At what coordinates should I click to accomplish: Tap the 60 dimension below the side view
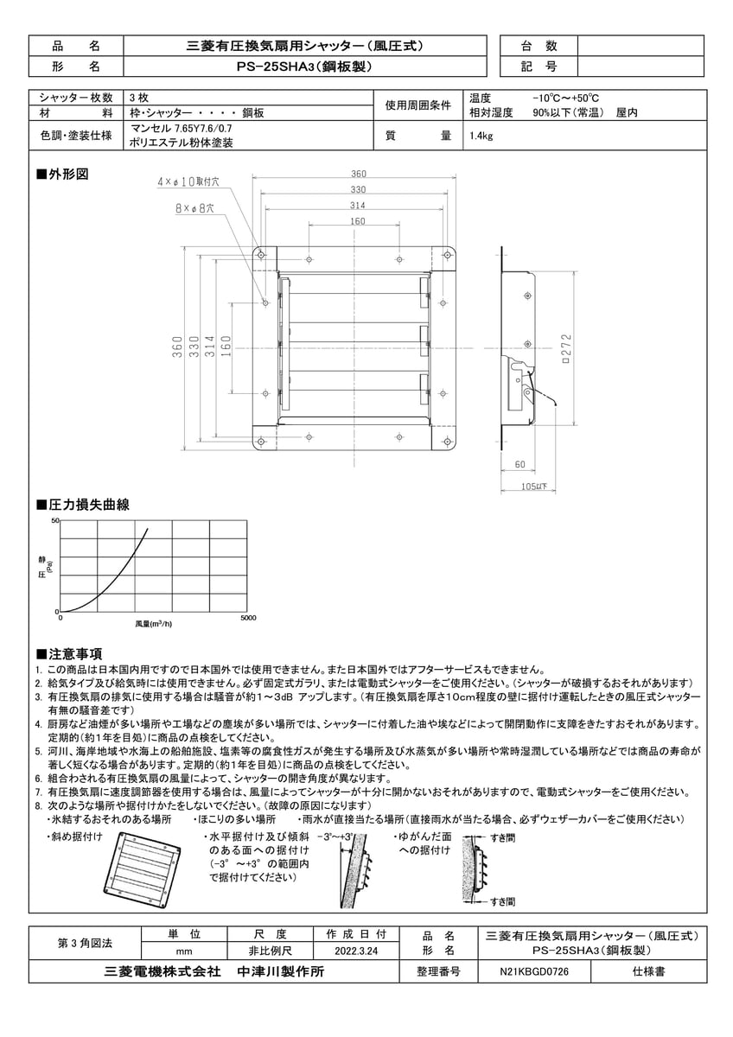(519, 466)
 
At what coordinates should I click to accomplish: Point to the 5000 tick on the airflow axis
(247, 619)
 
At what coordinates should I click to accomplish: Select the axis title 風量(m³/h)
(153, 623)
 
